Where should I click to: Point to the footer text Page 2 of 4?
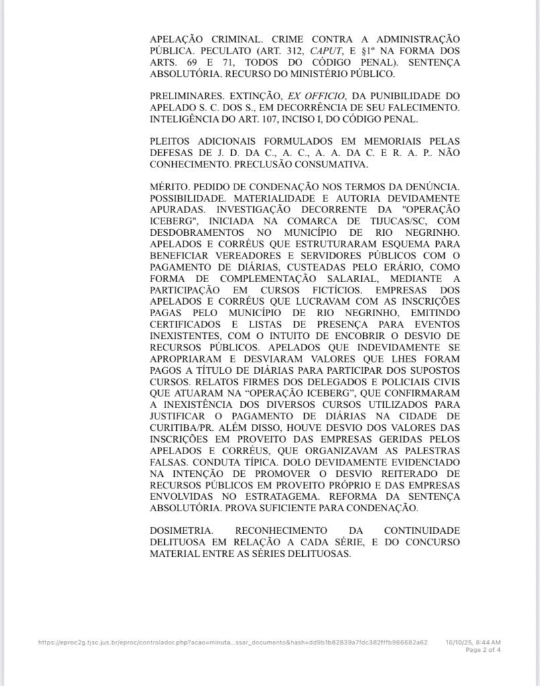pyautogui.click(x=482, y=650)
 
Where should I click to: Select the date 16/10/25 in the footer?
pyautogui.click(x=458, y=642)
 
